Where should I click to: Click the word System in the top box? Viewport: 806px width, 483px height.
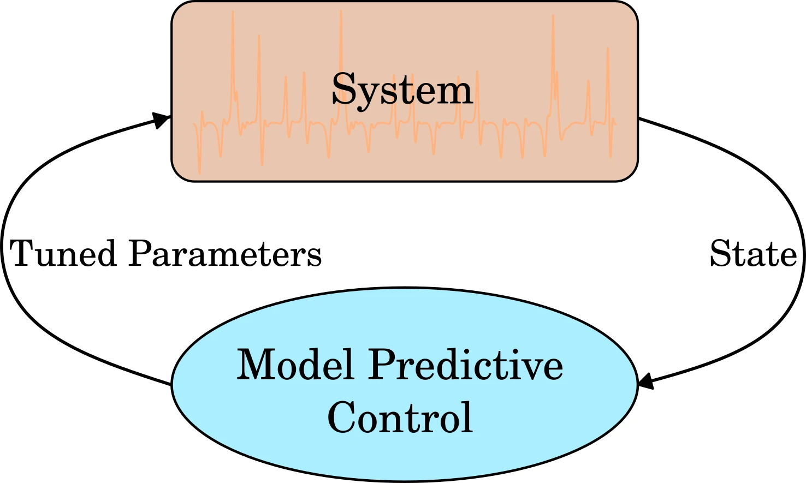pos(402,90)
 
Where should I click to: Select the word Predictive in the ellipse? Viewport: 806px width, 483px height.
pos(466,365)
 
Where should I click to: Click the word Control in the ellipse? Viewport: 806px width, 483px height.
pos(400,417)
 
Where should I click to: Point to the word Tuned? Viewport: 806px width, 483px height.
pos(63,254)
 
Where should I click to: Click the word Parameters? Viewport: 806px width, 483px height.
pos(224,254)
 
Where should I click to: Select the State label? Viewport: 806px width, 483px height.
pos(753,254)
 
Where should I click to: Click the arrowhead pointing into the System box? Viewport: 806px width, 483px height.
pos(161,120)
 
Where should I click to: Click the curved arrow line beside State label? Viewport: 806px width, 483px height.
pos(801,284)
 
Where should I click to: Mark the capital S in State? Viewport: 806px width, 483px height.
pos(720,254)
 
